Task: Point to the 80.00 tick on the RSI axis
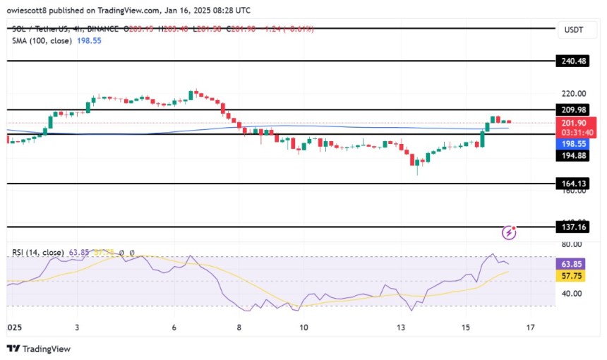[x=570, y=245]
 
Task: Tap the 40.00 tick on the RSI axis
[x=570, y=294]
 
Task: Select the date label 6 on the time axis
[x=174, y=328]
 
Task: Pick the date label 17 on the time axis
[x=531, y=328]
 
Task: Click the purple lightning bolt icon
[x=509, y=232]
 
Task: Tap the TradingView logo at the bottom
[x=39, y=349]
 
